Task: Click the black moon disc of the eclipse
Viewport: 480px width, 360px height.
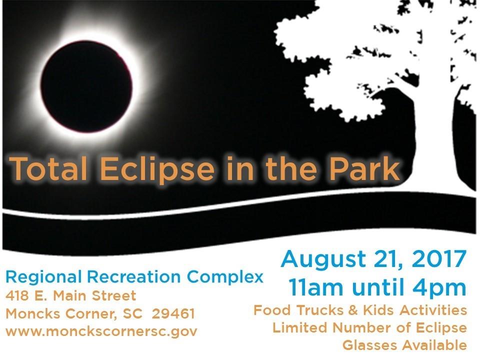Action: (x=86, y=87)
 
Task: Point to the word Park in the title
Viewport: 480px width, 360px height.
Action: (x=364, y=168)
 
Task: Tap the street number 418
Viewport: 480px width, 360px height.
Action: (x=17, y=295)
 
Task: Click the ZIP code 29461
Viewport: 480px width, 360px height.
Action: (x=173, y=314)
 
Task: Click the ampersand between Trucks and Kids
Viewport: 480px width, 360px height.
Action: (x=353, y=310)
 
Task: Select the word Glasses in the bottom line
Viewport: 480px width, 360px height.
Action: (x=370, y=345)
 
